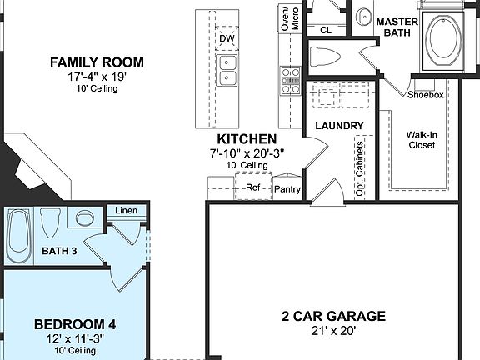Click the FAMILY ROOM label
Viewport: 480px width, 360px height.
(x=97, y=62)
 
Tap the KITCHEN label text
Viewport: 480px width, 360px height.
(x=247, y=138)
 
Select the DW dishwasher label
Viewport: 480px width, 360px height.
(x=227, y=38)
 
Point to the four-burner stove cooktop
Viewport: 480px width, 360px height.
(x=290, y=81)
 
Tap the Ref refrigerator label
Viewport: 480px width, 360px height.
(x=252, y=187)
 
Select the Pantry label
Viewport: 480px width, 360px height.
(x=287, y=189)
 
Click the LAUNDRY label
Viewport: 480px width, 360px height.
(x=339, y=126)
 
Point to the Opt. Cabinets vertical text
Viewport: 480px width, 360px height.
(x=360, y=169)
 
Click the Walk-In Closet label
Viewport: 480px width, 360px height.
(x=421, y=139)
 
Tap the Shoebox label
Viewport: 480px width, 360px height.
(x=425, y=94)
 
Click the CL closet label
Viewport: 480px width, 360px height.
(x=326, y=30)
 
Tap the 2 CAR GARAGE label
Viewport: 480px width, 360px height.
(x=332, y=316)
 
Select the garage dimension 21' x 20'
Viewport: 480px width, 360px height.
(x=332, y=331)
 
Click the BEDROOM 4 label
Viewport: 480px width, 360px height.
(x=69, y=323)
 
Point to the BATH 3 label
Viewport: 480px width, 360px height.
(x=59, y=251)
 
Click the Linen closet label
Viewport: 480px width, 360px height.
(x=127, y=211)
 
